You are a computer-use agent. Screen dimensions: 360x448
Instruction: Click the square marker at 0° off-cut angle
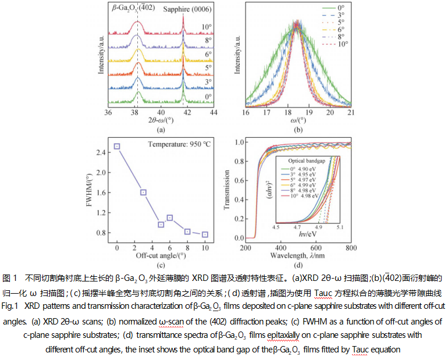click(x=117, y=147)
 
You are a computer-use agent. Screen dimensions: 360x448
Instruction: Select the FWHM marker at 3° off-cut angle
click(x=143, y=193)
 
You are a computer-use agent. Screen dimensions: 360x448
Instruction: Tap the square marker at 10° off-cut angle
click(x=205, y=234)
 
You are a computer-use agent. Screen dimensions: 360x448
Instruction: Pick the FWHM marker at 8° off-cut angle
click(x=187, y=231)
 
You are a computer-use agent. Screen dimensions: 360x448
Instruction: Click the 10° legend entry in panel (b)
click(x=337, y=44)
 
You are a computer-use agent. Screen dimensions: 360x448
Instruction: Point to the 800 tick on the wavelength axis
click(x=351, y=247)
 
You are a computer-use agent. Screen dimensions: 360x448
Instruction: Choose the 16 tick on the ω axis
click(x=246, y=112)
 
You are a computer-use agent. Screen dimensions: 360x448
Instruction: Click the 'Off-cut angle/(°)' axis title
click(x=161, y=255)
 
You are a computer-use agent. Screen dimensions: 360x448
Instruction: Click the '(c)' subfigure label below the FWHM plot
click(x=161, y=264)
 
